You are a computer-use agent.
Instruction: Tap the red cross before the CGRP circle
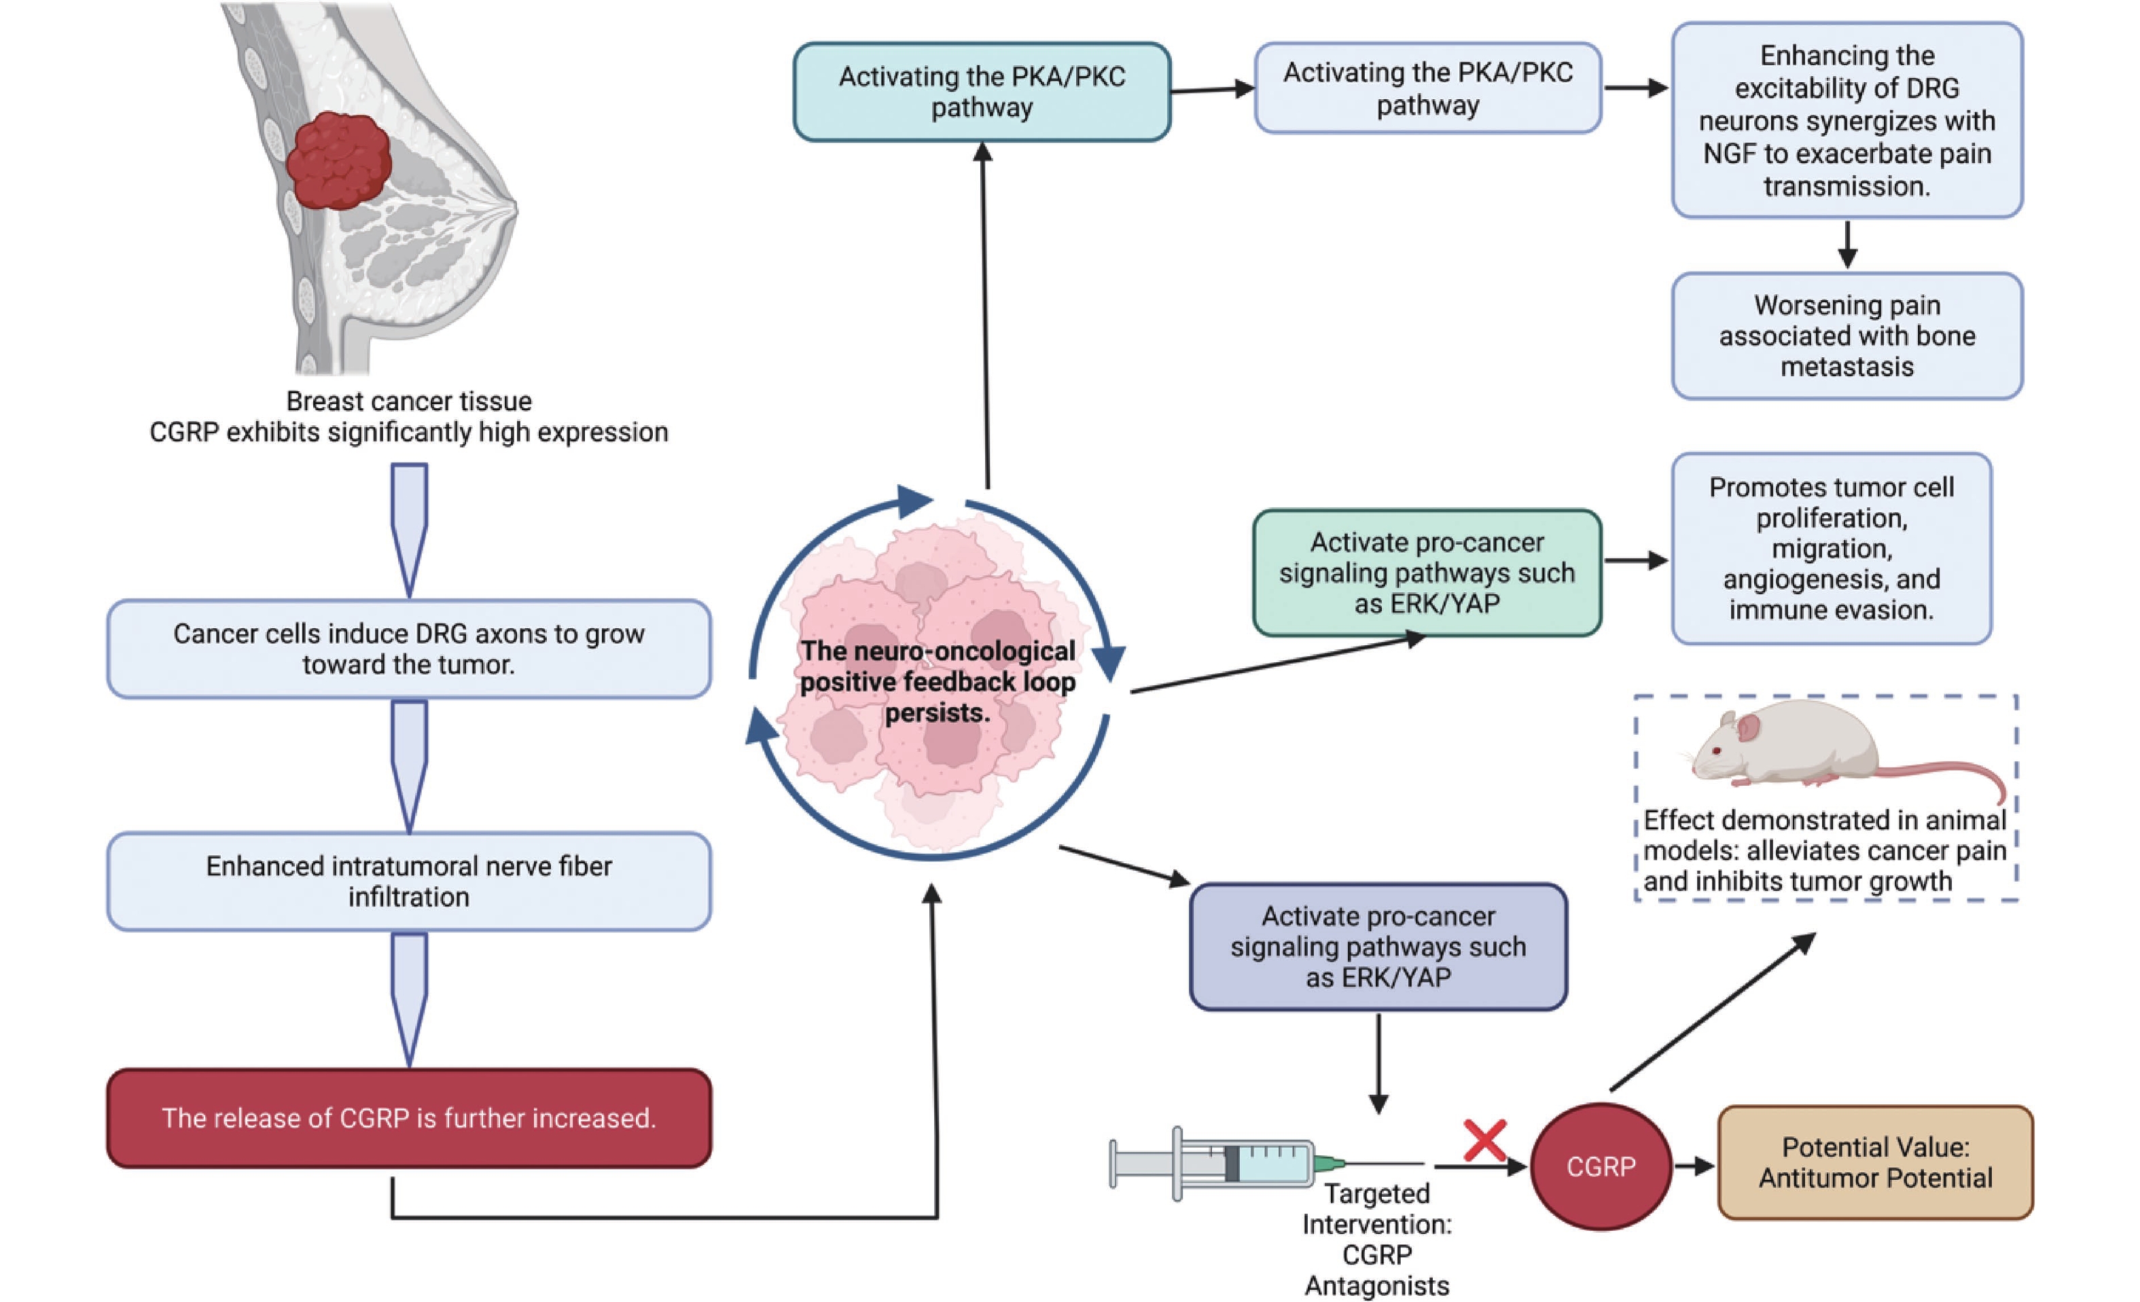pyautogui.click(x=1484, y=1140)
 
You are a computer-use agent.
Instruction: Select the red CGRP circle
pyautogui.click(x=1600, y=1165)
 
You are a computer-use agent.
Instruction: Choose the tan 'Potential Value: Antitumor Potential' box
pyautogui.click(x=1874, y=1162)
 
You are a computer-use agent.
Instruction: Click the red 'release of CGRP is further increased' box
pyautogui.click(x=408, y=1117)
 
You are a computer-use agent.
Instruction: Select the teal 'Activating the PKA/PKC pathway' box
pyautogui.click(x=982, y=91)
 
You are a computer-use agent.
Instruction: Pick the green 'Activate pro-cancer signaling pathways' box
pyautogui.click(x=1426, y=572)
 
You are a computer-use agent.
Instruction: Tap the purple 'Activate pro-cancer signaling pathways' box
pyautogui.click(x=1378, y=946)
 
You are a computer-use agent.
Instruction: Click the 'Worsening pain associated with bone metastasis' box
pyautogui.click(x=1847, y=336)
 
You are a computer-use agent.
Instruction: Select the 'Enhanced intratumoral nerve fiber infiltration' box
pyautogui.click(x=408, y=881)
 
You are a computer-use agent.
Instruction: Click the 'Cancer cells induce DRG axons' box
pyautogui.click(x=408, y=649)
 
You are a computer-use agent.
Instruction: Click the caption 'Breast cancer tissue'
pyautogui.click(x=408, y=401)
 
